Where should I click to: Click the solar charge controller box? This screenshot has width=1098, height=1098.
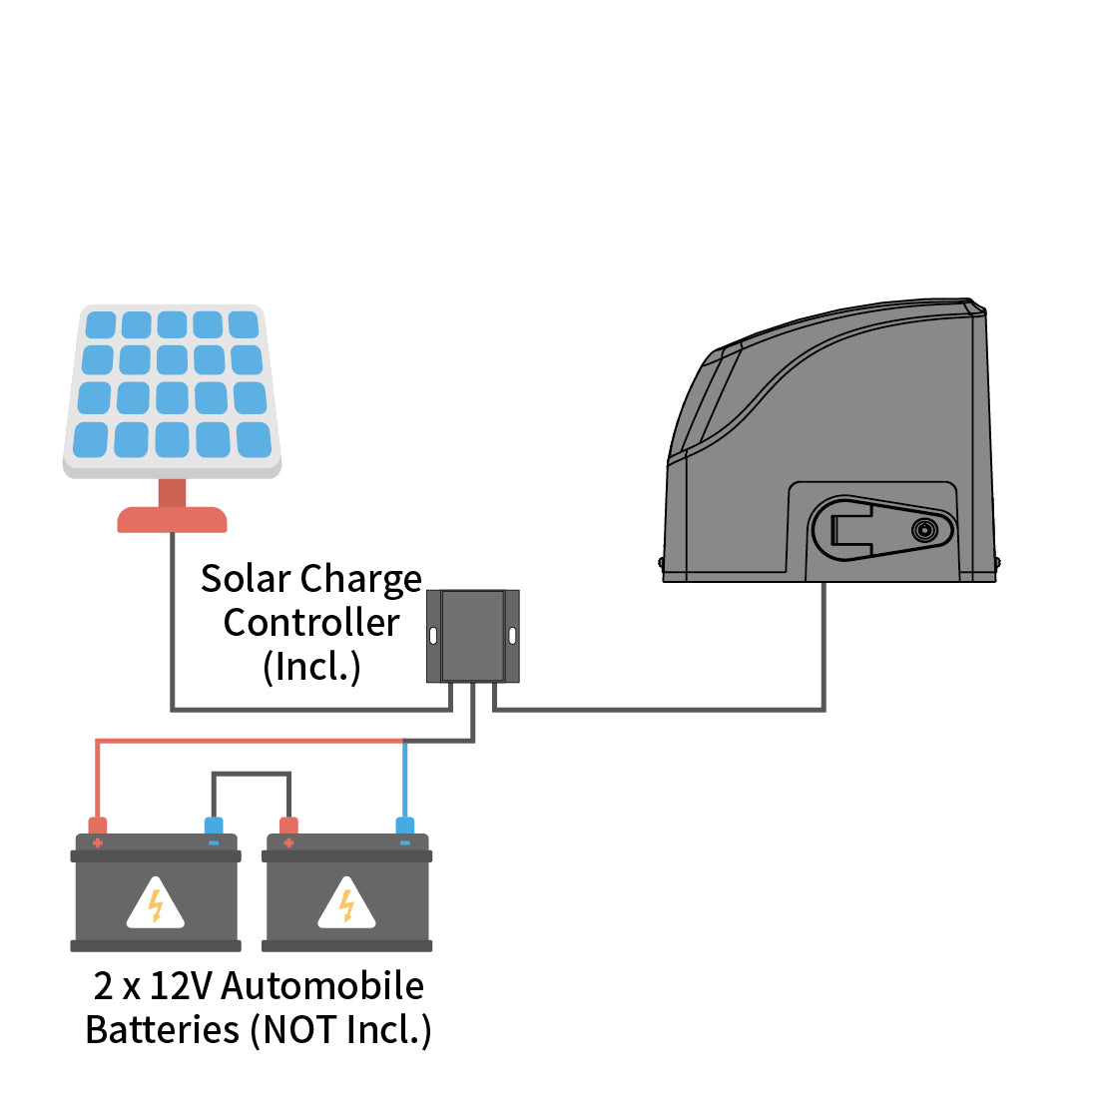coord(473,636)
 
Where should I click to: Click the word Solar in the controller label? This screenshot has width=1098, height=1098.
coord(246,579)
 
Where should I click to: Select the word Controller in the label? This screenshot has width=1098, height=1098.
coord(311,623)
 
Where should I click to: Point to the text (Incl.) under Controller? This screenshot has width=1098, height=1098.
coord(311,667)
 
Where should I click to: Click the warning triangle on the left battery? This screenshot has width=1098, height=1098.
coord(156,904)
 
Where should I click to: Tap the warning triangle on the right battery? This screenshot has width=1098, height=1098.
coord(346,904)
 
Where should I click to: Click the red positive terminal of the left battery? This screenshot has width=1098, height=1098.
coord(98,826)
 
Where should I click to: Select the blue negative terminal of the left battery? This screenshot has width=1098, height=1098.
coord(214,826)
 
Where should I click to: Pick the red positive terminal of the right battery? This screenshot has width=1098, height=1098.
coord(288,826)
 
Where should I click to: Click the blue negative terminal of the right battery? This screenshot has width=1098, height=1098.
coord(404,826)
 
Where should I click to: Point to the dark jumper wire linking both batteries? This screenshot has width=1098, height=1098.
coord(251,774)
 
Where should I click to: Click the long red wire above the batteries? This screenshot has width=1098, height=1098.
coord(250,741)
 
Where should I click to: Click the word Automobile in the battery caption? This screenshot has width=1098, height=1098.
coord(322,986)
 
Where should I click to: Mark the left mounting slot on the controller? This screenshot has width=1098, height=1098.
coord(433,636)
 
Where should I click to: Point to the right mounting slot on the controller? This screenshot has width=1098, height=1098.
coord(512,636)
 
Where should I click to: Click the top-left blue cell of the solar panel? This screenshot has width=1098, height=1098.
coord(101,324)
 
